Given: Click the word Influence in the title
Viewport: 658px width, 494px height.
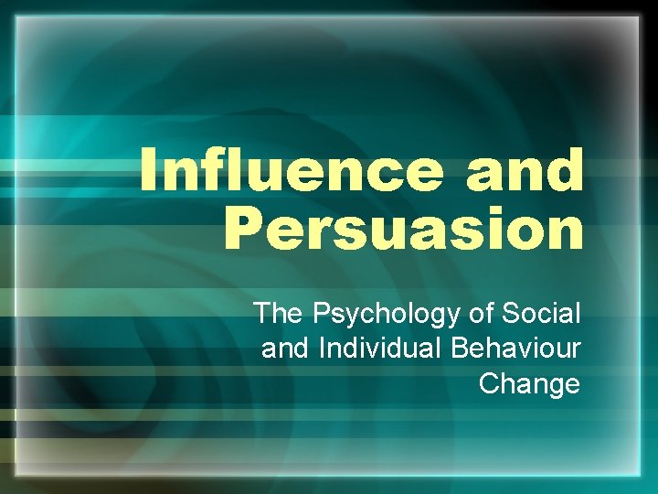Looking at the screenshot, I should (x=294, y=171).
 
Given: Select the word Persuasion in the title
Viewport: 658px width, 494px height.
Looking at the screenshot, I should (x=403, y=230).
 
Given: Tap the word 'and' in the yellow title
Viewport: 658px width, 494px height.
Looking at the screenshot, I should (x=525, y=171).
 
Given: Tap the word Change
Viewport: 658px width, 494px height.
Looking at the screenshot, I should (x=529, y=383).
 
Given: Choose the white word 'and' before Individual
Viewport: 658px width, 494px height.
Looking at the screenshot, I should (x=284, y=349).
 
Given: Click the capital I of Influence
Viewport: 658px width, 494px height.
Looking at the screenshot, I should (x=152, y=170).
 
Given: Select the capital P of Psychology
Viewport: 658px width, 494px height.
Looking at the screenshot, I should (x=322, y=314).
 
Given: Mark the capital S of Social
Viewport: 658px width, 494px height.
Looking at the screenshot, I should (x=506, y=314).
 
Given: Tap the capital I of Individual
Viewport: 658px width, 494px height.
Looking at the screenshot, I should (x=320, y=349).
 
